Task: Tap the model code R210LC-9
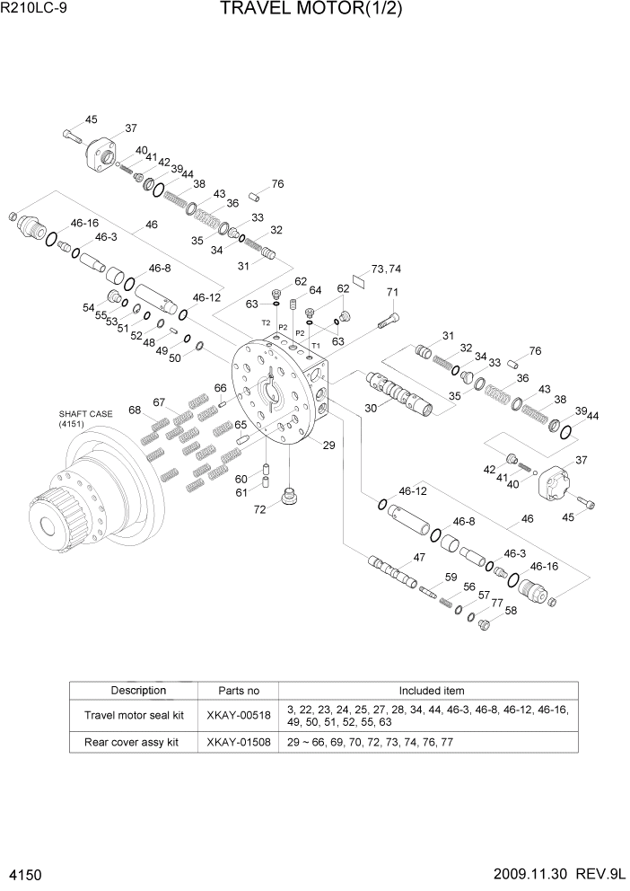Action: [x=38, y=10]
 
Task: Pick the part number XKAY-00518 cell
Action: [x=239, y=715]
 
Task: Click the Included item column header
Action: [x=431, y=691]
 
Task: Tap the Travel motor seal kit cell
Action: [x=133, y=715]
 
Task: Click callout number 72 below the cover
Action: [x=258, y=510]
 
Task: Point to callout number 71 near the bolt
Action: [x=392, y=292]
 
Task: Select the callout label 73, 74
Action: [x=386, y=269]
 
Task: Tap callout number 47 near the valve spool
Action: [x=417, y=558]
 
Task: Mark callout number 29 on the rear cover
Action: [x=328, y=445]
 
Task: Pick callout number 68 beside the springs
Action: [x=136, y=410]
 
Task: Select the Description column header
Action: [x=138, y=691]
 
